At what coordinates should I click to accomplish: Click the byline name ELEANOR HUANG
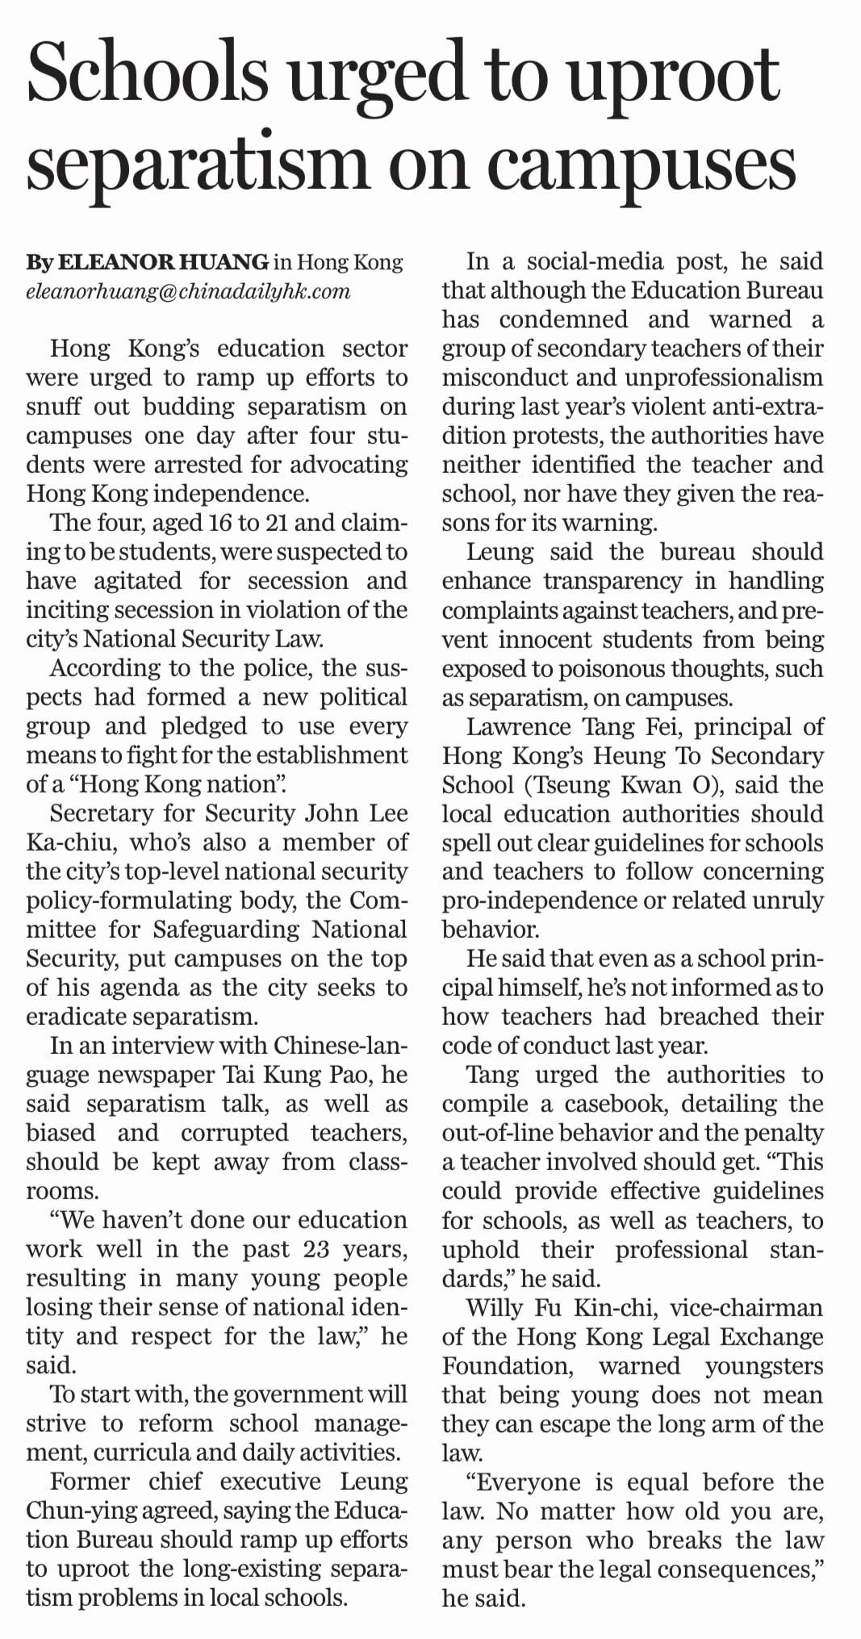click(165, 262)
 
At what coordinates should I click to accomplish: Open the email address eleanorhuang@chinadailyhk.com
click(188, 291)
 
